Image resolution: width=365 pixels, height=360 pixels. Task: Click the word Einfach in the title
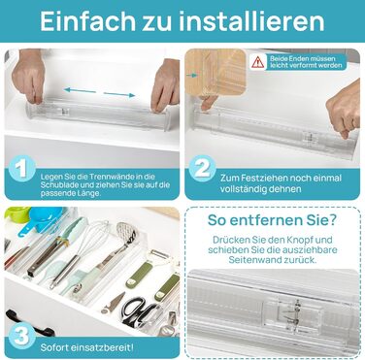(x=87, y=21)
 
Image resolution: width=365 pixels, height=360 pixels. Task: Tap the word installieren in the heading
(x=251, y=21)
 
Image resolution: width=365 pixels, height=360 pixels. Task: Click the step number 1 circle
(x=22, y=169)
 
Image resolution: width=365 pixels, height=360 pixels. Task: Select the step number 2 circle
(x=203, y=169)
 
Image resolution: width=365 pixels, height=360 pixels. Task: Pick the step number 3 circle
(x=22, y=336)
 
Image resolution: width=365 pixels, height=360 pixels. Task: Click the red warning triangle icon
(x=258, y=61)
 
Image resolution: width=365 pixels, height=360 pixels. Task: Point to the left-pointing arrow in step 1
(x=80, y=90)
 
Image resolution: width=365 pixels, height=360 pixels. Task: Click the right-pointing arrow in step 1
(x=119, y=94)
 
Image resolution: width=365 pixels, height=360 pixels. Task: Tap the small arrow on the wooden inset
(x=192, y=75)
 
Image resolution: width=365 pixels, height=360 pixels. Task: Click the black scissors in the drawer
(x=137, y=311)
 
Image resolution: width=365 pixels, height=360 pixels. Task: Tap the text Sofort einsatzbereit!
(x=86, y=348)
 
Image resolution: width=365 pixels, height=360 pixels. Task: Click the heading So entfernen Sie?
(x=272, y=220)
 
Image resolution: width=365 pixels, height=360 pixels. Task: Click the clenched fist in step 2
(x=344, y=111)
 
